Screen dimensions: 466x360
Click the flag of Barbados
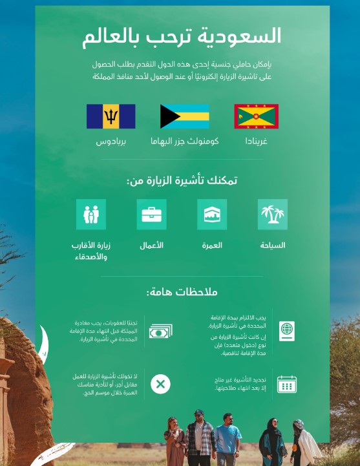click(111, 116)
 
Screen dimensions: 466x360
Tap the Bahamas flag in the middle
click(185, 116)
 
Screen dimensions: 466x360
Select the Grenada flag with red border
click(256, 116)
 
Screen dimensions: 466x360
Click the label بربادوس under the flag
click(111, 140)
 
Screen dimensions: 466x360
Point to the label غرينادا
click(256, 140)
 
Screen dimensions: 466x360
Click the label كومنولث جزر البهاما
click(185, 140)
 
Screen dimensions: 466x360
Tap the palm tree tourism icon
click(272, 215)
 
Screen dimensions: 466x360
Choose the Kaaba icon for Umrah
click(212, 215)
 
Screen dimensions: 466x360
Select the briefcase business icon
click(151, 215)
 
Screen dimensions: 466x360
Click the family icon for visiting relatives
click(91, 215)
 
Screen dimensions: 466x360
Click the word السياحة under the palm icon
click(272, 246)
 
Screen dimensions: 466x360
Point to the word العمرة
click(212, 246)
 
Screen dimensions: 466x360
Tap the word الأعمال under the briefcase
click(151, 246)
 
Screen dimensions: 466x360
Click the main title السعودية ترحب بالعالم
click(182, 36)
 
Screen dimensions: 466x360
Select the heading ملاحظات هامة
click(182, 292)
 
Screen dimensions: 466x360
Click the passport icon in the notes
click(286, 331)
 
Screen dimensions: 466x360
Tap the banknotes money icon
click(160, 332)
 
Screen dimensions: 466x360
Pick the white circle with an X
click(160, 385)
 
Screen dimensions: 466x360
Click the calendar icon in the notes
click(286, 384)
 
